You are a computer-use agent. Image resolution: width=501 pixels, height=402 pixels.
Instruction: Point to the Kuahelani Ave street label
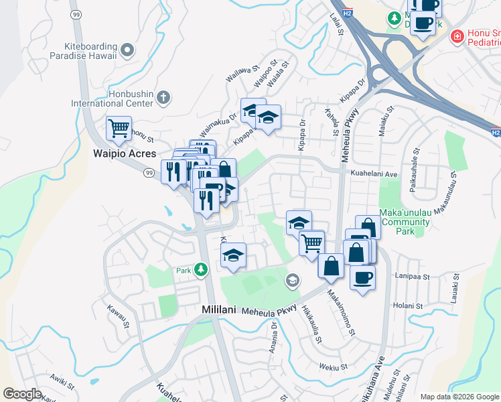point(374,173)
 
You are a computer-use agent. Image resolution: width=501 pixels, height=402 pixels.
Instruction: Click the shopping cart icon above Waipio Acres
point(119,127)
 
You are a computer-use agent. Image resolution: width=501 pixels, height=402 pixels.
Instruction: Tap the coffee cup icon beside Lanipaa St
point(362,277)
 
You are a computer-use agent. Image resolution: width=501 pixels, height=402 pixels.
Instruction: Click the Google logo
point(22,394)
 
